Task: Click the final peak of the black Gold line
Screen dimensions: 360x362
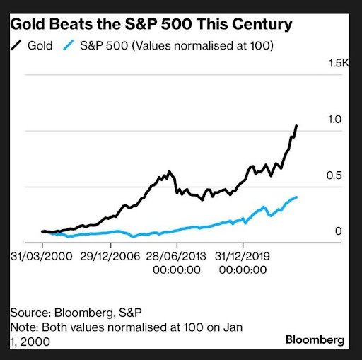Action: (x=296, y=126)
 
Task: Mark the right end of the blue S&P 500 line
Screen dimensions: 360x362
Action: (x=296, y=197)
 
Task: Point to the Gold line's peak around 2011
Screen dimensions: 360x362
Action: (x=168, y=171)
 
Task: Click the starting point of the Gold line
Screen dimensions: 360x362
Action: (x=42, y=231)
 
